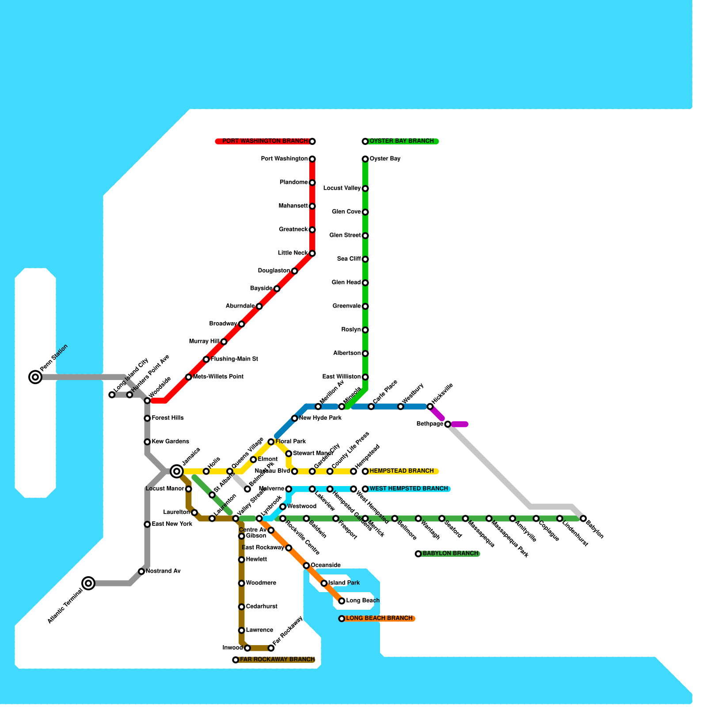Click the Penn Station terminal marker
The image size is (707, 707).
[35, 377]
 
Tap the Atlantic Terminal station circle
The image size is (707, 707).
[88, 583]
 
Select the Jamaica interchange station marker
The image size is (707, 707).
[177, 471]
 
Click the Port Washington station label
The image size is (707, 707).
[284, 159]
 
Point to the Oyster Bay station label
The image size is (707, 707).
[385, 159]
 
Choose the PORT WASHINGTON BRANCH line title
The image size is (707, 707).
[265, 141]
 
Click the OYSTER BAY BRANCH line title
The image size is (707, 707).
[402, 141]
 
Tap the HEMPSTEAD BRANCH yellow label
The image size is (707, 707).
[402, 471]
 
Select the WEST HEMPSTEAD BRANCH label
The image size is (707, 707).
[409, 489]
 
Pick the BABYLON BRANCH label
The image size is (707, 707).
[450, 554]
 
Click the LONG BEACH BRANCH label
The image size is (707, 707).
[379, 618]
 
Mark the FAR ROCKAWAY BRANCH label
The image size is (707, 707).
[277, 660]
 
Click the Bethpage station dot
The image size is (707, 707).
[448, 424]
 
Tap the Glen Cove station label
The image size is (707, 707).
[346, 212]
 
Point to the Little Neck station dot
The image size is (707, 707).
[312, 253]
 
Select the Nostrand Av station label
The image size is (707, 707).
[163, 571]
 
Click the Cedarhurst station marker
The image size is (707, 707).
[241, 607]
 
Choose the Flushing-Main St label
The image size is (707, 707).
[234, 359]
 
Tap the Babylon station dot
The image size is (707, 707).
[583, 518]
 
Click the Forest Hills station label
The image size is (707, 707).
[167, 418]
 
